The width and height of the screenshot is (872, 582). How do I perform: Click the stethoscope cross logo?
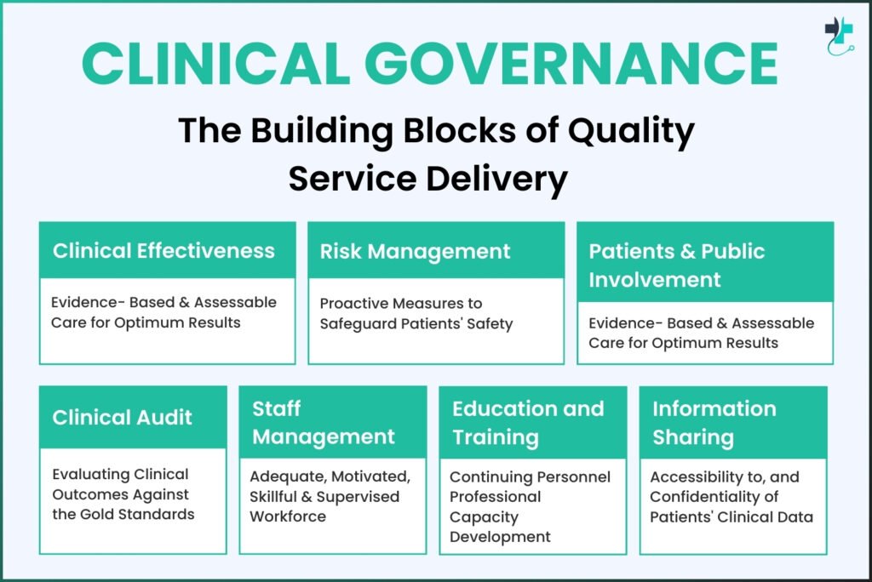coord(839,36)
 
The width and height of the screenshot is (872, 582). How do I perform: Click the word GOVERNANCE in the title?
coord(571,63)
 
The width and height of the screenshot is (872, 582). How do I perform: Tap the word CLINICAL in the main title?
coord(215,63)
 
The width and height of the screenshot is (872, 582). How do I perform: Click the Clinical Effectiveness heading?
coord(164,251)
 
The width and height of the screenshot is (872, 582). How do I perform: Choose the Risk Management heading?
coord(415,252)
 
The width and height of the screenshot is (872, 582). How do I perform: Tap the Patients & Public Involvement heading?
coord(677,265)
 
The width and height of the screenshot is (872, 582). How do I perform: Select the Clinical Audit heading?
coord(123,418)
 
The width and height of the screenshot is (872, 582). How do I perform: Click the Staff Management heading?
coord(323,423)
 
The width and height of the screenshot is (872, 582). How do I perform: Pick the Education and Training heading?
coord(528,423)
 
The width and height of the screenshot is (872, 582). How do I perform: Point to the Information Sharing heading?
coord(714,423)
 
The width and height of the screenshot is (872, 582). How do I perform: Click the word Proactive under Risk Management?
coord(353,303)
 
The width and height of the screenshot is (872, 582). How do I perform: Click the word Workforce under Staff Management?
coord(288,516)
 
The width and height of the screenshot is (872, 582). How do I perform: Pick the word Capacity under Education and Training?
coord(484,517)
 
